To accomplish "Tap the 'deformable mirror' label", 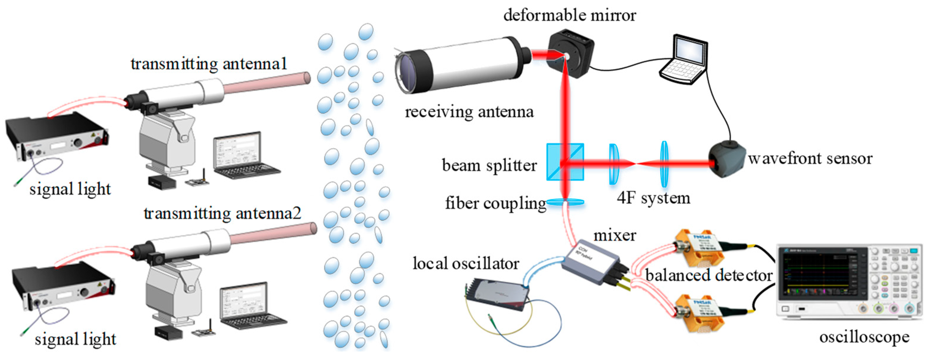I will click(569, 15).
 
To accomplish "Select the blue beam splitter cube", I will click(565, 162).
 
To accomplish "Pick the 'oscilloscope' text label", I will click(864, 337).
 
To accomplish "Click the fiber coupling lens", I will click(565, 202).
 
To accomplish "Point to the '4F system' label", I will click(653, 198).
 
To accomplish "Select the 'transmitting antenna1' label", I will click(209, 64).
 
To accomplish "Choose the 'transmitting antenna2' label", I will click(222, 213).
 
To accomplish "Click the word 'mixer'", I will click(614, 236).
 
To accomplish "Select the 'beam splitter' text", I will click(489, 166).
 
